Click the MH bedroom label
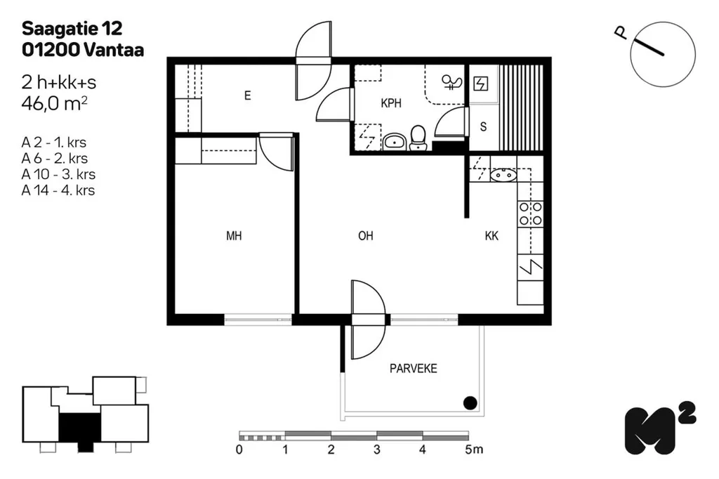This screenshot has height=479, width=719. click(x=234, y=236)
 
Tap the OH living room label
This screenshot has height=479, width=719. click(x=365, y=236)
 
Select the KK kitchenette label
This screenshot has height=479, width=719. click(x=492, y=236)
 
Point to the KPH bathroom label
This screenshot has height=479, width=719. click(x=391, y=103)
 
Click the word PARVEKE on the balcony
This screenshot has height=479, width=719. click(x=413, y=369)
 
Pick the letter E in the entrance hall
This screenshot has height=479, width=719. click(x=248, y=96)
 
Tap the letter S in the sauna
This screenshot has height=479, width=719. click(x=483, y=126)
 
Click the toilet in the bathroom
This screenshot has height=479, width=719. click(x=418, y=138)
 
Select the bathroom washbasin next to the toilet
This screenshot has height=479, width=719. click(x=394, y=142)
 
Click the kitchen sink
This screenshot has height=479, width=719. click(x=503, y=175)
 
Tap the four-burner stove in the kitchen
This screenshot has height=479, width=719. click(x=531, y=214)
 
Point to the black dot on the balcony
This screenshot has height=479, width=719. click(x=470, y=403)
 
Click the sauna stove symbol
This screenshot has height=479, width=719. click(x=480, y=84)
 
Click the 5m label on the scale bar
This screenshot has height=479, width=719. click(x=474, y=450)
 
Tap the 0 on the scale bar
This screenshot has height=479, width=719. click(x=239, y=450)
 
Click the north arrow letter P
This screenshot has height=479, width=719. click(x=621, y=32)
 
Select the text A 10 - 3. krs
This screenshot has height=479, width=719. click(x=58, y=174)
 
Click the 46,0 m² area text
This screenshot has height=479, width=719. click(x=54, y=104)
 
